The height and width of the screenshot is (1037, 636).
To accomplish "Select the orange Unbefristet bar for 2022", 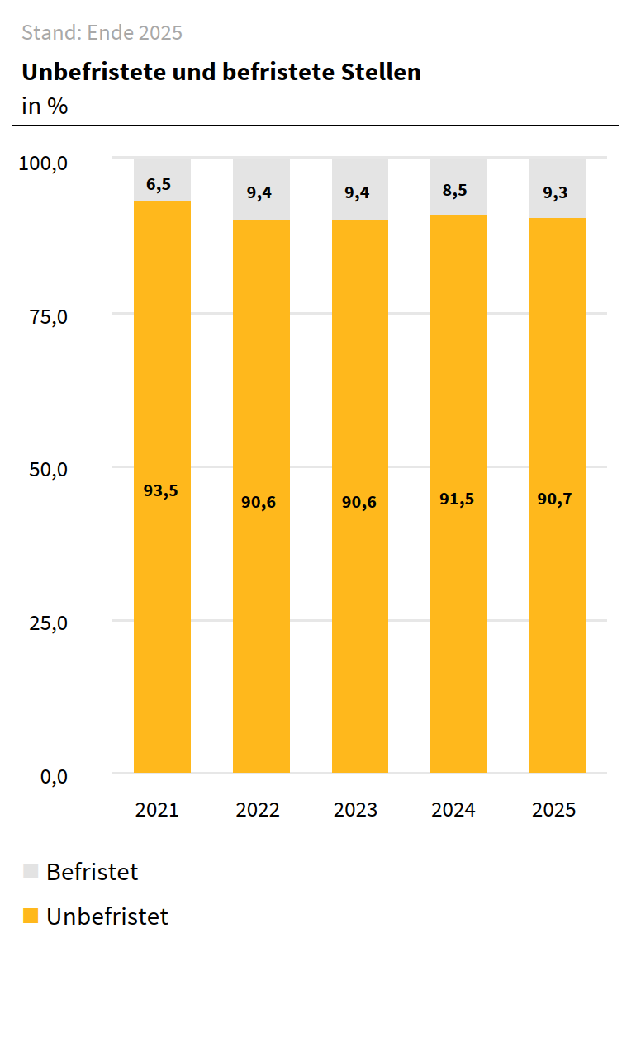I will click(261, 578).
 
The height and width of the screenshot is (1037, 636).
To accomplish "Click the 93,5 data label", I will click(161, 490).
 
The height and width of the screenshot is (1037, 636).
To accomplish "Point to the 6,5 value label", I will click(159, 184).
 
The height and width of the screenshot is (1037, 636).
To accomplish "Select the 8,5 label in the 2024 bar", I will click(454, 190).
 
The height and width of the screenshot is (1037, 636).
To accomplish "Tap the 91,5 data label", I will click(457, 499).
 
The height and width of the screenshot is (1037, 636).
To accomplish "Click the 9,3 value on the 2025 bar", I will click(555, 193).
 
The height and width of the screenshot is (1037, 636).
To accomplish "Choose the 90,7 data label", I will click(555, 499).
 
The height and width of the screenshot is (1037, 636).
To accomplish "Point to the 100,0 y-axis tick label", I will click(42, 163).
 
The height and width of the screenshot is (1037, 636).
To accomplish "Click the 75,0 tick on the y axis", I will click(48, 317).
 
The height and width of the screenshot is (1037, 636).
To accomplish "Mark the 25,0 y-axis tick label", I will click(48, 623).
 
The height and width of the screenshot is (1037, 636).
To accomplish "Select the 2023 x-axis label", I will click(356, 809).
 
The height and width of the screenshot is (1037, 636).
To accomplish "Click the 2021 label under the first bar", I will click(157, 809).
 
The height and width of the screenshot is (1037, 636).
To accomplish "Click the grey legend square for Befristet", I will click(31, 871).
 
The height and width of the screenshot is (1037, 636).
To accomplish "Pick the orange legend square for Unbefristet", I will click(31, 916).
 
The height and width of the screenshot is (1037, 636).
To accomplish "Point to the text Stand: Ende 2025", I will click(102, 33).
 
